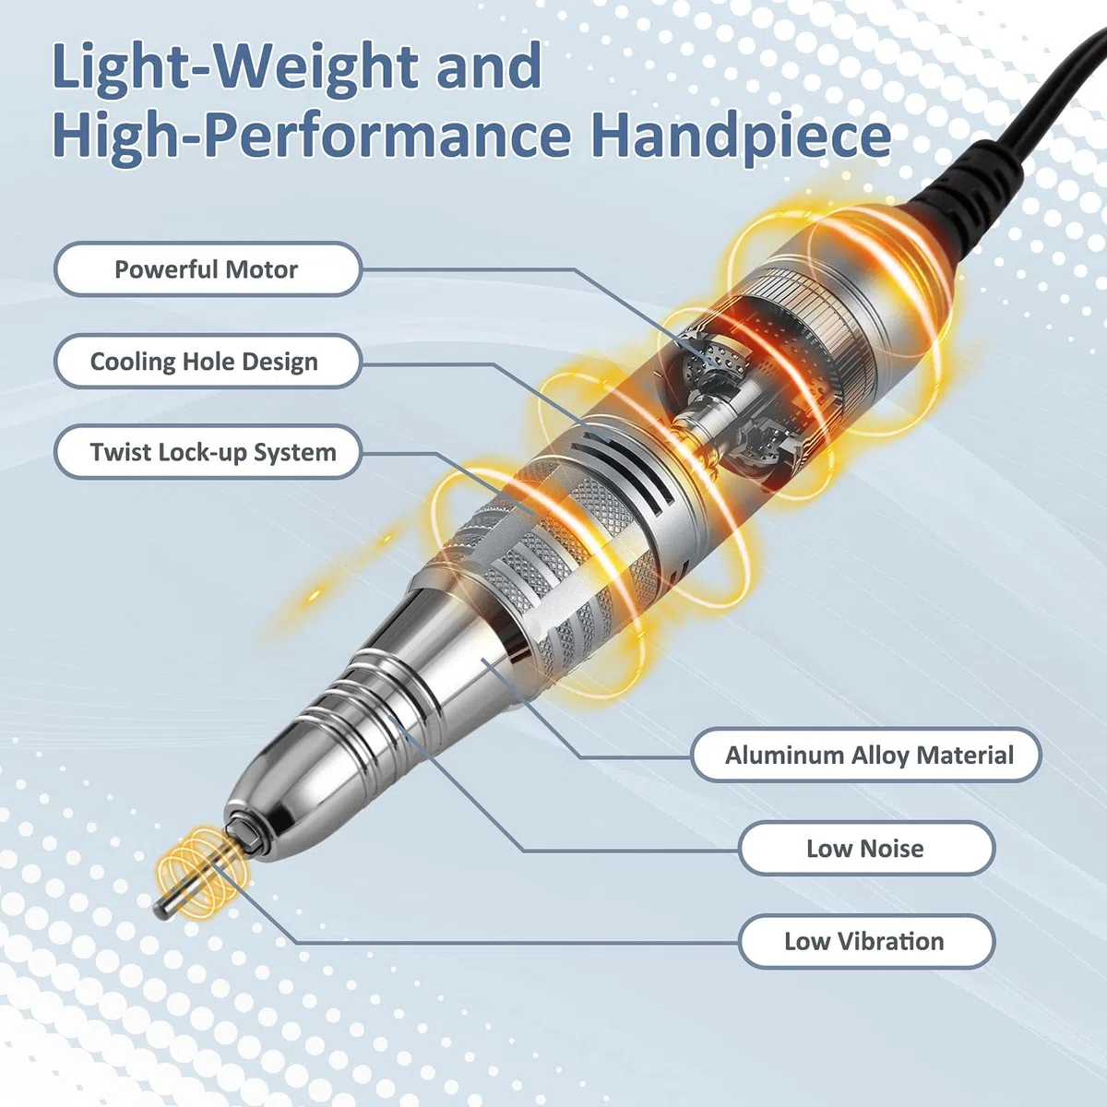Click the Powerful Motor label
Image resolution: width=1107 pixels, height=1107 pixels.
[208, 268]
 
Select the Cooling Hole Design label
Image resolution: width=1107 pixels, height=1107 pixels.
[208, 362]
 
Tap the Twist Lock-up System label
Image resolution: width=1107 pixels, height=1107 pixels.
[208, 452]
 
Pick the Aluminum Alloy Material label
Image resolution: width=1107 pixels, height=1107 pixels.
[867, 755]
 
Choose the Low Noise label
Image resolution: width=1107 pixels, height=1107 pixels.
[867, 848]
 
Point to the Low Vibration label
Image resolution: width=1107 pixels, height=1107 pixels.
[867, 941]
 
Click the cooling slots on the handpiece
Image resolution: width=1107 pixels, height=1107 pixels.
[632, 471]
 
